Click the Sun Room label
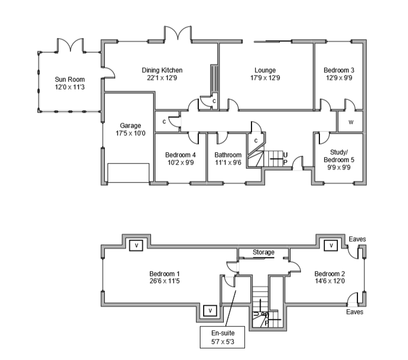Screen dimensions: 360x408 click(69, 79)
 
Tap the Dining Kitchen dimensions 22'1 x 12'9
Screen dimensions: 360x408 click(162, 78)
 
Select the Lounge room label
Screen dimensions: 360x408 click(265, 70)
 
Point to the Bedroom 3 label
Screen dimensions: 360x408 click(339, 70)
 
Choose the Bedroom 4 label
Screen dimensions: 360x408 click(180, 155)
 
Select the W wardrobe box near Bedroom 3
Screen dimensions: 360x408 click(351, 122)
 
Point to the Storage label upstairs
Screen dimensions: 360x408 click(263, 252)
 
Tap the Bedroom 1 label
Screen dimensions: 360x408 click(164, 273)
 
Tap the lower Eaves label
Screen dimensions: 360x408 click(355, 312)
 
